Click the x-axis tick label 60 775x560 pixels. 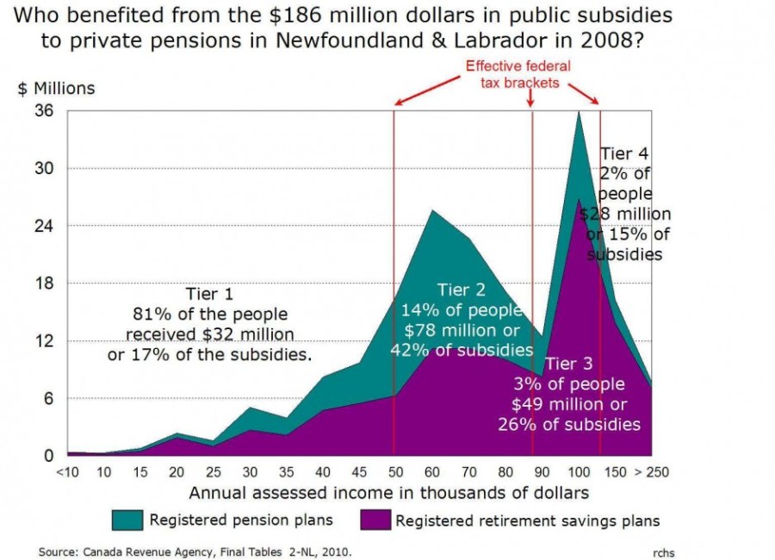tap(431, 472)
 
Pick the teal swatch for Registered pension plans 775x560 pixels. tap(127, 520)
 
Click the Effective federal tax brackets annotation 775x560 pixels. tap(518, 74)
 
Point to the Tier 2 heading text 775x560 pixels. tap(461, 289)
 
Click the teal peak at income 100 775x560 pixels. tap(579, 114)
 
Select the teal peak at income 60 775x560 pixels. tap(431, 212)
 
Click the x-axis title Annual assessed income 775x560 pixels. tap(388, 493)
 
